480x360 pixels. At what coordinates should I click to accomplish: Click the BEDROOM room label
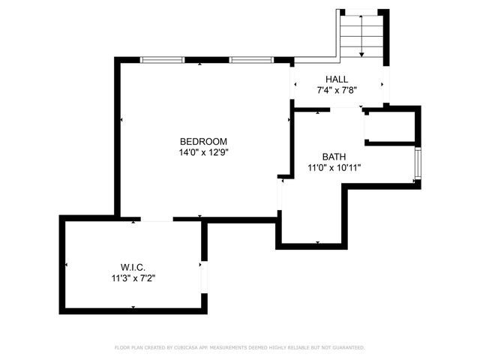pyautogui.click(x=202, y=142)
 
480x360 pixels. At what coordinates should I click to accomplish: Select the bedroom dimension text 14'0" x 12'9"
pyautogui.click(x=202, y=152)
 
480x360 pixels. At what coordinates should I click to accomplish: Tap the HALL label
pyautogui.click(x=337, y=79)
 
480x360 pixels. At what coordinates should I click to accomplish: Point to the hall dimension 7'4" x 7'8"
pyautogui.click(x=337, y=90)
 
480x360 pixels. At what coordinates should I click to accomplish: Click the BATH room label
pyautogui.click(x=334, y=157)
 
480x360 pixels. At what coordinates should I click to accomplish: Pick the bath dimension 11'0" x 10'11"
pyautogui.click(x=334, y=167)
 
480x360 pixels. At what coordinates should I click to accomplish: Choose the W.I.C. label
pyautogui.click(x=133, y=267)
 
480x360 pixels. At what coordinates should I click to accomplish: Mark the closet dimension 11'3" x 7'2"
pyautogui.click(x=133, y=277)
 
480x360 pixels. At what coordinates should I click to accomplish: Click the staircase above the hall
pyautogui.click(x=361, y=34)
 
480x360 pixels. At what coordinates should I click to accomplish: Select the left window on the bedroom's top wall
pyautogui.click(x=163, y=60)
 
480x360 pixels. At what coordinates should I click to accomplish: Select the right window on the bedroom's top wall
pyautogui.click(x=251, y=60)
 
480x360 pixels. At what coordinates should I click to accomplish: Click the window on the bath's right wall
pyautogui.click(x=418, y=165)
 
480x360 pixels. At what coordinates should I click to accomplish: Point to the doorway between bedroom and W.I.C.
pyautogui.click(x=156, y=220)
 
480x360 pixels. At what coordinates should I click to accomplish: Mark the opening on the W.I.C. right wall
pyautogui.click(x=204, y=274)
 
